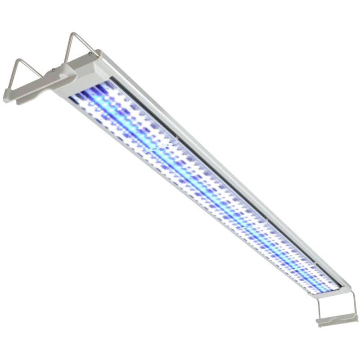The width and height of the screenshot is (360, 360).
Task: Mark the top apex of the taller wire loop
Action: click(73, 33)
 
